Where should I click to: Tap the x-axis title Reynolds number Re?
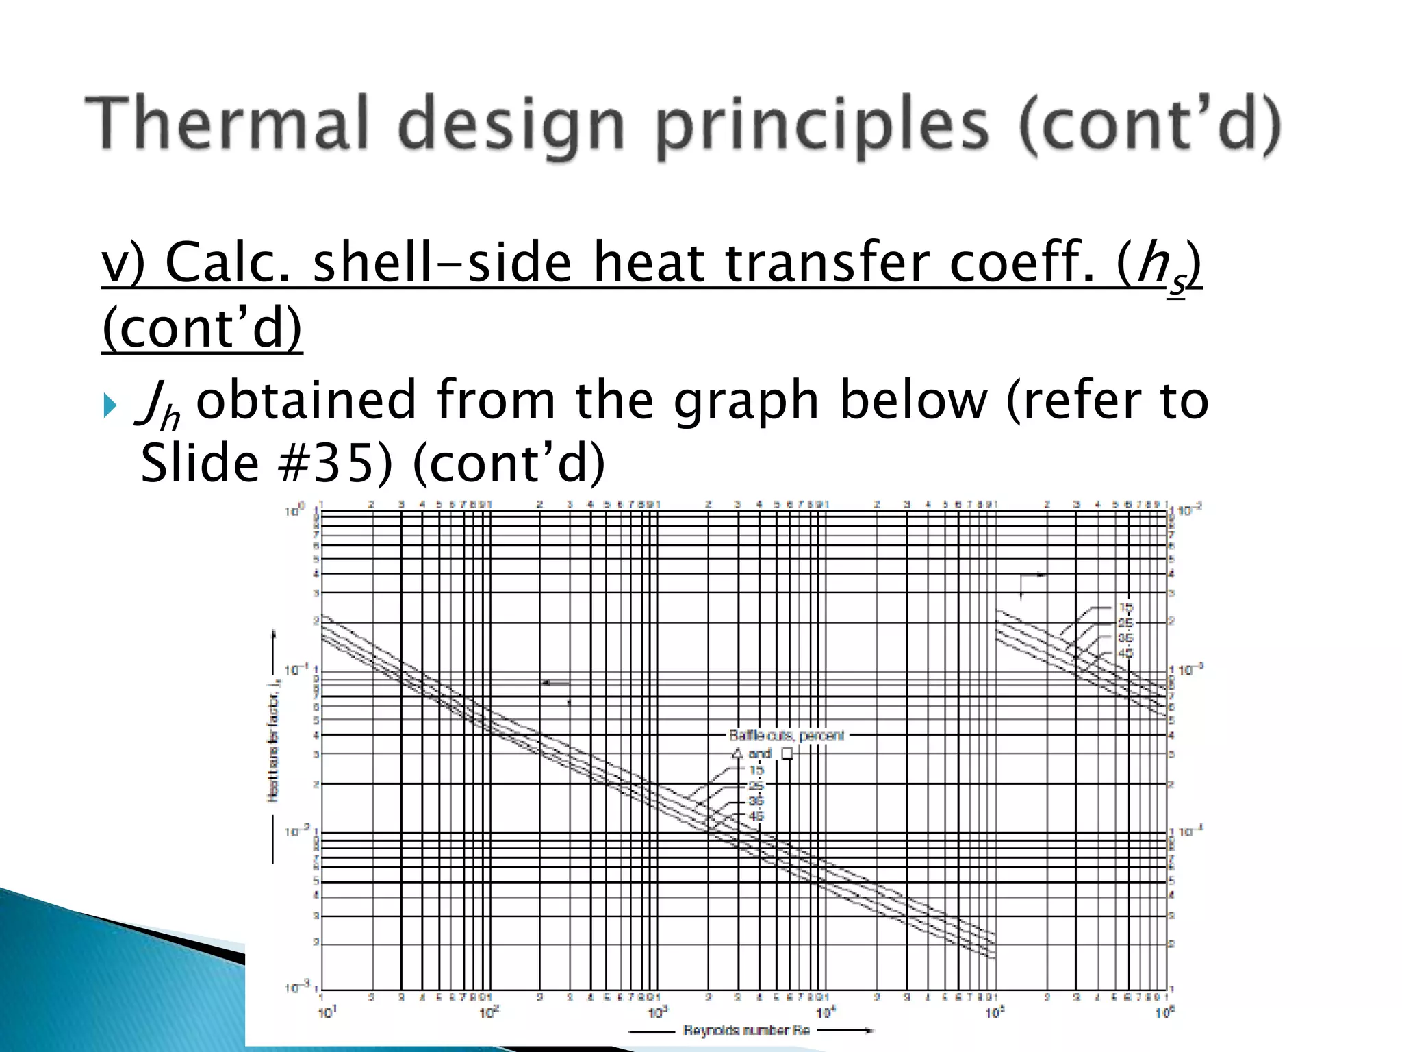[x=746, y=1030]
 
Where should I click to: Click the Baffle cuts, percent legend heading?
[x=787, y=736]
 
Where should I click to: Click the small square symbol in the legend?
[x=787, y=753]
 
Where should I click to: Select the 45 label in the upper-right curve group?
[x=1125, y=653]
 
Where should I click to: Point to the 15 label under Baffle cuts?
[x=756, y=770]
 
